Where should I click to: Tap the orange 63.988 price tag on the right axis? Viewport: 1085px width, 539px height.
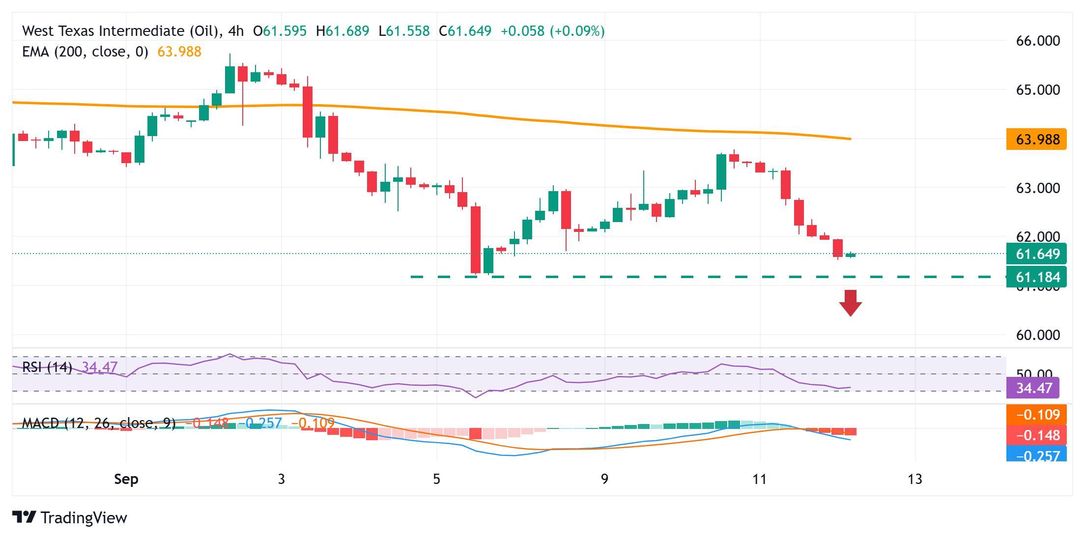1036,140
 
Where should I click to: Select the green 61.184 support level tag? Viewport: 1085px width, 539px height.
1036,277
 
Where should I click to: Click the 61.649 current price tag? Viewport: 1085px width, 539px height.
1036,254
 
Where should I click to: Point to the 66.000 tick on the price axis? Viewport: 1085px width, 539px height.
1038,41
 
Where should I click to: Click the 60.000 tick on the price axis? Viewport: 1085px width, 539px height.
1038,335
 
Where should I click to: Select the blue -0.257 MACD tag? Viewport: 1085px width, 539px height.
1036,455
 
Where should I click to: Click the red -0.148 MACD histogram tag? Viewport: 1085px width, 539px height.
1036,435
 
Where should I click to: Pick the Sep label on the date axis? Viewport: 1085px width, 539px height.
126,479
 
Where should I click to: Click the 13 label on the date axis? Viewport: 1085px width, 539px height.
915,479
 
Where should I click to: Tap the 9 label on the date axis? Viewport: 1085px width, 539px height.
604,479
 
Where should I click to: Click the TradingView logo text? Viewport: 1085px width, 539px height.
84,518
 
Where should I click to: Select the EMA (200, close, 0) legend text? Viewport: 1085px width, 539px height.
85,52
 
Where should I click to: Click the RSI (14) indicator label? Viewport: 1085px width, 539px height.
47,367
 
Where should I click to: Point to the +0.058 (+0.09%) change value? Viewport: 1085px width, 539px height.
552,31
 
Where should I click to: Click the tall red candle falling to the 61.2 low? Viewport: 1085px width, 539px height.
476,239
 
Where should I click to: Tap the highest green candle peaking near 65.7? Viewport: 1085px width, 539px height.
230,79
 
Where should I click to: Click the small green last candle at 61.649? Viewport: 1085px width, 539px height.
851,255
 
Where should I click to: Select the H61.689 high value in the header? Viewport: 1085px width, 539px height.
343,31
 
